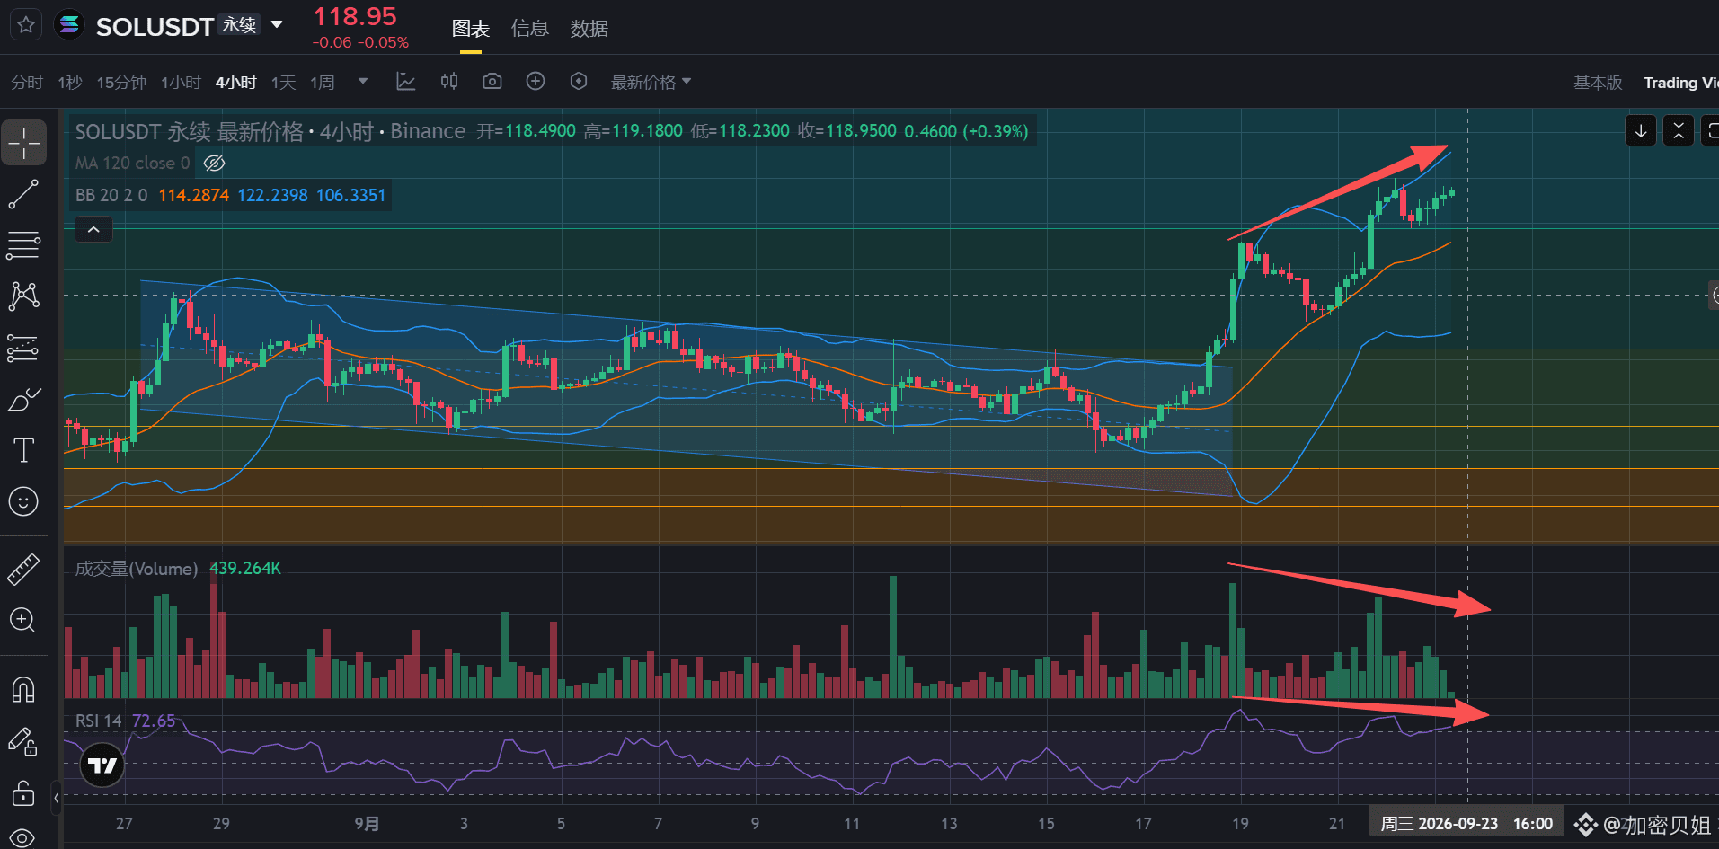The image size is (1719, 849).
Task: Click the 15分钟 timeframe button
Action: tap(121, 83)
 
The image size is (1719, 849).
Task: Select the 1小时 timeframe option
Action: tap(181, 83)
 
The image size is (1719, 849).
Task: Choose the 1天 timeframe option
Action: tap(283, 83)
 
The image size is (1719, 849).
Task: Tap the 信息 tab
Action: tap(529, 29)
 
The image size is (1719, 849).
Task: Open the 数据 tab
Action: tap(589, 29)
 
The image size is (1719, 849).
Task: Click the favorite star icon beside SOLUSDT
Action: tap(26, 24)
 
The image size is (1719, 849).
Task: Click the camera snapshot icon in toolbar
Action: tap(492, 82)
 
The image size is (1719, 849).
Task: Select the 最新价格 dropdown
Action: tap(651, 83)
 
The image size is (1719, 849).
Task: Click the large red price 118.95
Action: tap(355, 16)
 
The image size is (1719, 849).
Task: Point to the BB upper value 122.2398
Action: tap(272, 195)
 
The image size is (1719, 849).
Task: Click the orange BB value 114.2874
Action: tap(193, 195)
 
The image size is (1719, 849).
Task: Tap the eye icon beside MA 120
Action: tap(214, 163)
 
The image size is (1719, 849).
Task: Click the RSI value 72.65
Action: tap(154, 721)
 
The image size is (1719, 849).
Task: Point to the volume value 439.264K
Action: tap(245, 568)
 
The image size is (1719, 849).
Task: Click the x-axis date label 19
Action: tap(1240, 823)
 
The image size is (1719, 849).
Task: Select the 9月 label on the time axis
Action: tap(367, 823)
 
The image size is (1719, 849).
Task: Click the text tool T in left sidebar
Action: tap(23, 449)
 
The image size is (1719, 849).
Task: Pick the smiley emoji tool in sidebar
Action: tap(23, 500)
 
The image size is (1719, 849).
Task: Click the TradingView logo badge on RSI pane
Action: tap(102, 765)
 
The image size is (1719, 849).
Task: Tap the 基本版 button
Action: tap(1598, 83)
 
